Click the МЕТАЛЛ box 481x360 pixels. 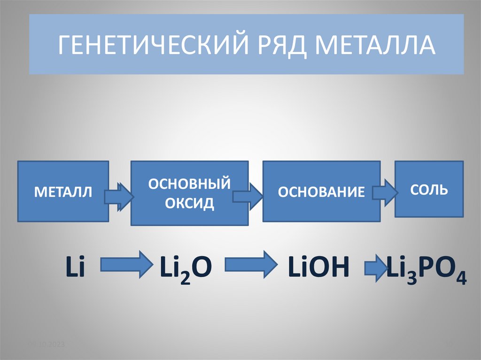click(x=63, y=191)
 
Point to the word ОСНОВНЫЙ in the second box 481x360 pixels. click(x=189, y=183)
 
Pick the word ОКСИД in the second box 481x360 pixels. click(x=189, y=203)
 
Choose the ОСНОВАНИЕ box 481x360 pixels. click(x=321, y=191)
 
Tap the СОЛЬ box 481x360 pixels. click(x=429, y=189)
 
